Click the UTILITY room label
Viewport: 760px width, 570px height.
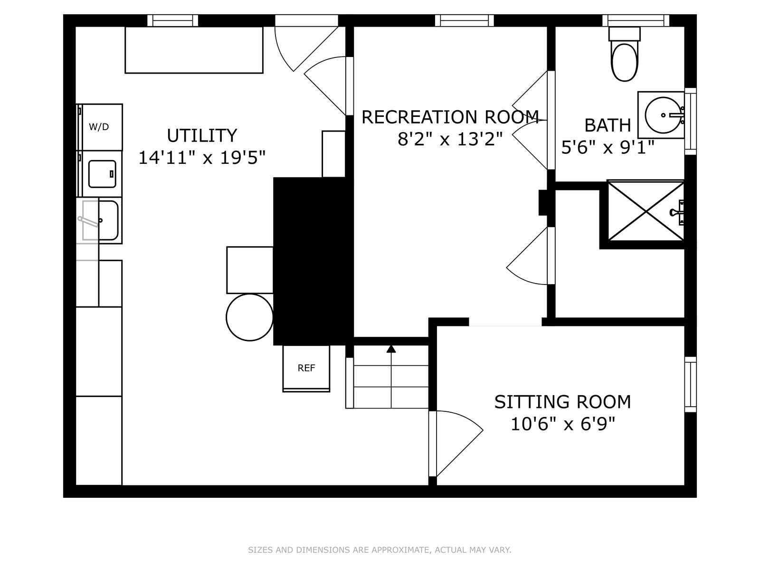(202, 135)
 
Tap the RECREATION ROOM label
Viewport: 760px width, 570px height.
(450, 117)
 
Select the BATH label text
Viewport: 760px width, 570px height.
(608, 125)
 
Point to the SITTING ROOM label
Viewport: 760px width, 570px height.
(563, 402)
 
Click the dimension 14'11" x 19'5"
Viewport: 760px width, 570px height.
(202, 158)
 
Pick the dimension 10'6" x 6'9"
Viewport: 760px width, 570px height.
(563, 424)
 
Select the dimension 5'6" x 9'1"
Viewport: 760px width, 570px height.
(608, 147)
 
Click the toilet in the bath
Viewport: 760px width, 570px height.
(625, 54)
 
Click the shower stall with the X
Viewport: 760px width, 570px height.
(646, 210)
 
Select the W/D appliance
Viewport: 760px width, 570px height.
(99, 127)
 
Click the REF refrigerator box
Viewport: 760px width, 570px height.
(306, 368)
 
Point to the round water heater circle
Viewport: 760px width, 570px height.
(250, 317)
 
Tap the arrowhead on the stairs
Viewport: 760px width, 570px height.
(391, 349)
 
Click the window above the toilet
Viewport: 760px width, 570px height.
(636, 20)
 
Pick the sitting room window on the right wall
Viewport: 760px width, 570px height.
(690, 384)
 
